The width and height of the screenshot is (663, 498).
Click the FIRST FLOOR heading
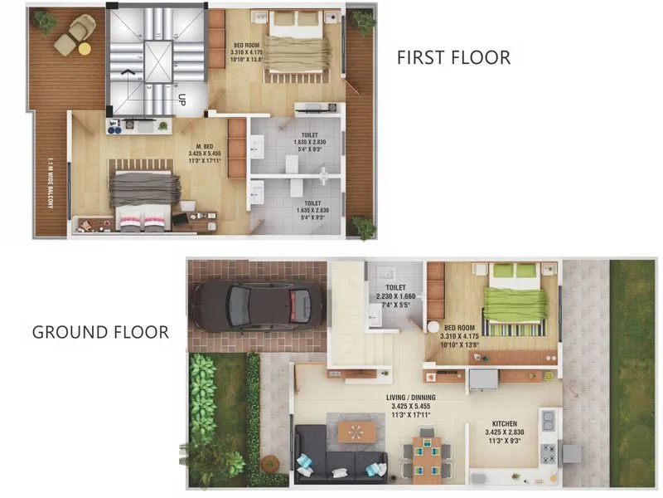click(x=453, y=57)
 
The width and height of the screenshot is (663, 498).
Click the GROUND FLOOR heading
click(x=100, y=332)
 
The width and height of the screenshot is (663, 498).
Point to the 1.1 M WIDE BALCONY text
click(x=50, y=195)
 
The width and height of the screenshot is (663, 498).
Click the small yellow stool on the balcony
click(x=85, y=49)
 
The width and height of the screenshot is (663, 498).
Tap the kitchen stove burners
click(x=548, y=452)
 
